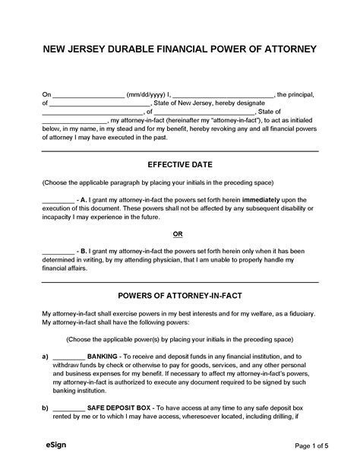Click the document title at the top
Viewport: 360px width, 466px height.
[x=180, y=50]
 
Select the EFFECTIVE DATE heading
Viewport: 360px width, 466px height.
[x=180, y=163]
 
